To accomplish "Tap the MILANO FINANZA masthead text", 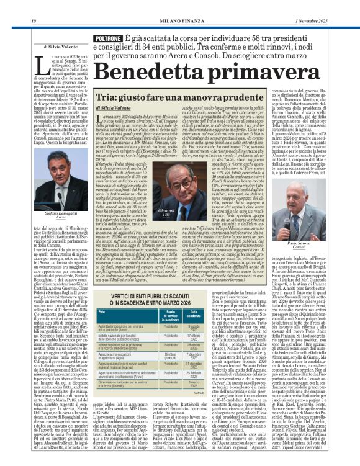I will pos(179,6).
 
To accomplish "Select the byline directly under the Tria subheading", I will pos(115,109).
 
